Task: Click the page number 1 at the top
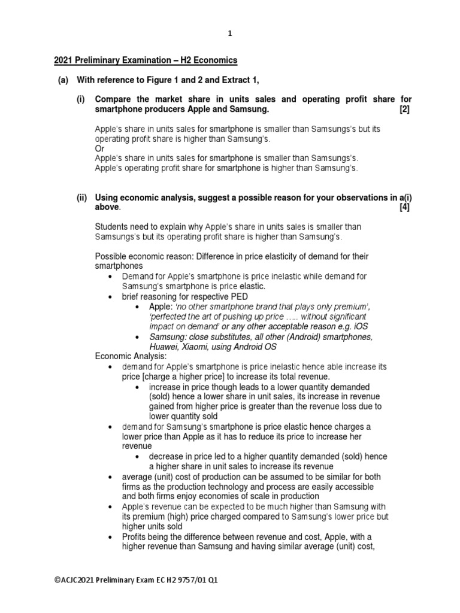click(x=230, y=34)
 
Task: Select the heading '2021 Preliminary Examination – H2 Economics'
click(x=146, y=60)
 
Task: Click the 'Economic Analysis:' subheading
click(x=131, y=356)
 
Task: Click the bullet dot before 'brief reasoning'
click(x=109, y=296)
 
